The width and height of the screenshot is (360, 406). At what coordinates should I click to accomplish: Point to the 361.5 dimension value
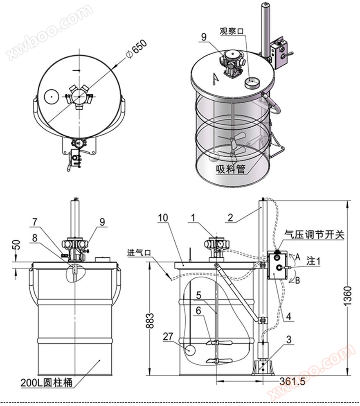pyautogui.click(x=292, y=381)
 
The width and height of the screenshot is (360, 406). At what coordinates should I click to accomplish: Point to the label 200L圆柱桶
pyautogui.click(x=47, y=383)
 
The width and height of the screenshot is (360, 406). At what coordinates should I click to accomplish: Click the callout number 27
pyautogui.click(x=168, y=337)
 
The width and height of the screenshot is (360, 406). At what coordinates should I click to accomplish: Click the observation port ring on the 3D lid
pyautogui.click(x=252, y=83)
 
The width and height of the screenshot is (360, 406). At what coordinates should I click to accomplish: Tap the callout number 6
pyautogui.click(x=198, y=311)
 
